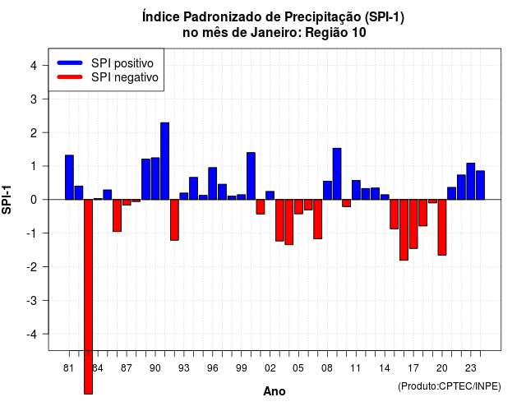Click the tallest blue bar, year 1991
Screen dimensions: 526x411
point(164,161)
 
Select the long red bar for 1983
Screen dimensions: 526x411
point(88,297)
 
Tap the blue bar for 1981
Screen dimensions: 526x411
point(69,178)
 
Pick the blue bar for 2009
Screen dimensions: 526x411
point(337,173)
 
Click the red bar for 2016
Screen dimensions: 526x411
point(404,230)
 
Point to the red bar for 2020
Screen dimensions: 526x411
point(442,228)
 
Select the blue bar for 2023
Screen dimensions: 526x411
point(471,181)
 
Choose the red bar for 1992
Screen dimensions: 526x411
point(174,220)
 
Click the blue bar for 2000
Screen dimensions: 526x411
point(251,176)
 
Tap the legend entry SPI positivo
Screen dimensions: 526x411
point(122,63)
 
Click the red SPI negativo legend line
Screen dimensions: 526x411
point(70,77)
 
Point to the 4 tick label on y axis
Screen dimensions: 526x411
point(34,66)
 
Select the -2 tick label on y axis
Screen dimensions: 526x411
point(32,266)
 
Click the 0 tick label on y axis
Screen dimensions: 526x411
point(34,200)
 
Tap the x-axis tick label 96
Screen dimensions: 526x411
point(212,368)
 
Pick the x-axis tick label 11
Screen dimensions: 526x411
point(356,368)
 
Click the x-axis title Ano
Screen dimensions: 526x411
point(275,391)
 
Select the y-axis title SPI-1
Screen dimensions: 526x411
point(7,200)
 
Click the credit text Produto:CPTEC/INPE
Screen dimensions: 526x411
point(450,386)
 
